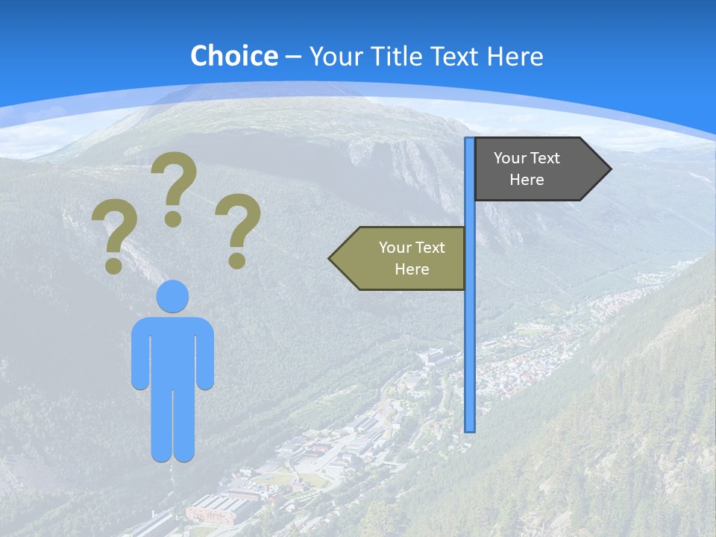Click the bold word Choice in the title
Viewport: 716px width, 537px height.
233,56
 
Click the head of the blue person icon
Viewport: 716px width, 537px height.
172,296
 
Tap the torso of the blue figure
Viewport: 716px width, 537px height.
172,351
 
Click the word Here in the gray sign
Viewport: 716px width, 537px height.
527,180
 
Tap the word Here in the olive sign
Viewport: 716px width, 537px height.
412,269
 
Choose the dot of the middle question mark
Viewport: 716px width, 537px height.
173,219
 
